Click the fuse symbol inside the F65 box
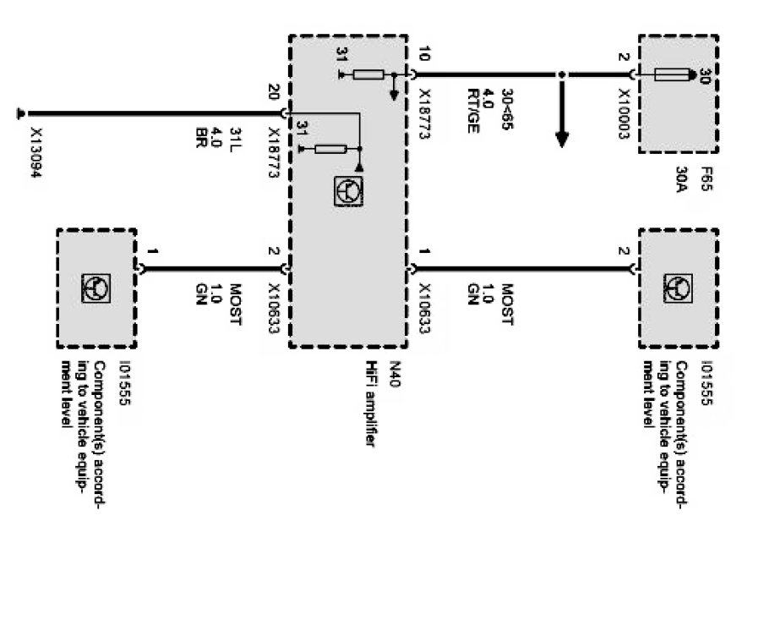click(x=674, y=76)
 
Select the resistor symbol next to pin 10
click(x=368, y=75)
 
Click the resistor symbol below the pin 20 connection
click(x=330, y=150)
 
